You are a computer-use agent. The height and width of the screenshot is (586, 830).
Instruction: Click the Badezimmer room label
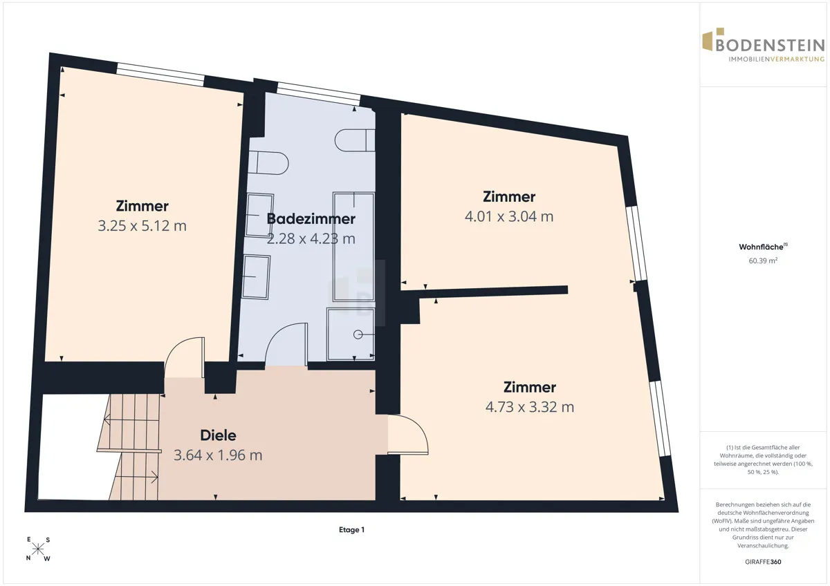[311, 219]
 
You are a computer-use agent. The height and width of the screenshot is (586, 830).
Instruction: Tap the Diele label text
[218, 435]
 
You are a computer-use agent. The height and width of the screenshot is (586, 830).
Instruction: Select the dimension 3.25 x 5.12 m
[142, 226]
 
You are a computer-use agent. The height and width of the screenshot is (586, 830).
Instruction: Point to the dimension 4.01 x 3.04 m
[509, 216]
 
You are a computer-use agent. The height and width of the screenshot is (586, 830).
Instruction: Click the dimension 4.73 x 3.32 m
[530, 407]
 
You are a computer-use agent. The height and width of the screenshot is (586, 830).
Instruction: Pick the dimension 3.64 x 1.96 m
[218, 455]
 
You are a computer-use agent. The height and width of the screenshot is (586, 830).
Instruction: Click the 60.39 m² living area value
[763, 261]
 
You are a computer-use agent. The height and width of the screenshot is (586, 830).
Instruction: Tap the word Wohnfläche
[761, 247]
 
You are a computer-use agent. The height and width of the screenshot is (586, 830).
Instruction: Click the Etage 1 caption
[351, 530]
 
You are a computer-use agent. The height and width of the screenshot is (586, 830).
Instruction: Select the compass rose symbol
[38, 549]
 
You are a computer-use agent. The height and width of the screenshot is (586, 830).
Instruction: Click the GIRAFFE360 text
[763, 562]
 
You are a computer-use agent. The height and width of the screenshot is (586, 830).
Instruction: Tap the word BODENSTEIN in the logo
[770, 46]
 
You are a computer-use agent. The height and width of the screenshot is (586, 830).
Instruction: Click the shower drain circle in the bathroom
[358, 334]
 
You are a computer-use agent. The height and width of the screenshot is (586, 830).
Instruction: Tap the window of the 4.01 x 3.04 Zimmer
[636, 243]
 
